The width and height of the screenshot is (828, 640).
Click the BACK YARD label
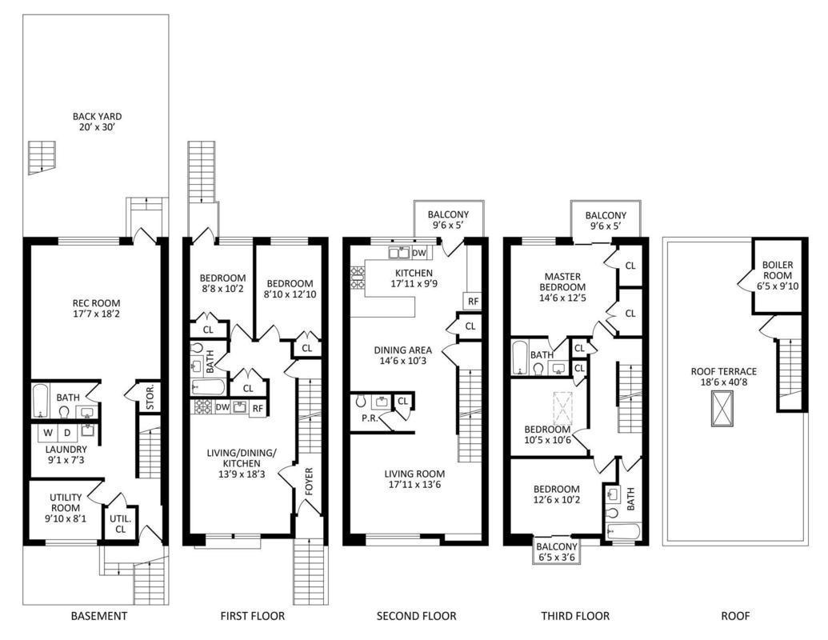point(97,117)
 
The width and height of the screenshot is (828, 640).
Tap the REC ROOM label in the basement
point(96,303)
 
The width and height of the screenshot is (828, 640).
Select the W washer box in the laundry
point(48,433)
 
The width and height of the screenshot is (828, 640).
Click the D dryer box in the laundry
point(67,433)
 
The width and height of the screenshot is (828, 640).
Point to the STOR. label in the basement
point(150,397)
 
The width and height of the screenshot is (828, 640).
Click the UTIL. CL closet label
point(120,524)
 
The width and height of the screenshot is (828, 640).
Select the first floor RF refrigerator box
point(258,408)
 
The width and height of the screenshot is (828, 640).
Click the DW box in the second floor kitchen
point(418,253)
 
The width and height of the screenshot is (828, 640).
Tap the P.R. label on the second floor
point(370,418)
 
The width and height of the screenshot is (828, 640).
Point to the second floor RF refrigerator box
point(473,302)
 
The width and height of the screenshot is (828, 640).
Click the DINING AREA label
point(403,350)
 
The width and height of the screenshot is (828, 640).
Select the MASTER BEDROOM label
point(562,282)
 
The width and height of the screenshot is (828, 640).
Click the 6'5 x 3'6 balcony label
point(557,557)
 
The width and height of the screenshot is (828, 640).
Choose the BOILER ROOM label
point(778,270)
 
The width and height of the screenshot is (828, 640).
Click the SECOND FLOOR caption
point(416,616)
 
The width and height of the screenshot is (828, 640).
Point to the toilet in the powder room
point(361,401)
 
